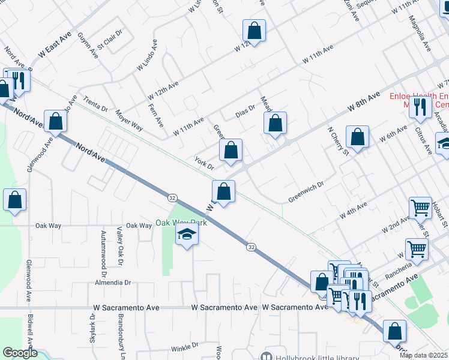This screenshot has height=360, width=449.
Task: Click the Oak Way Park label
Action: click(x=181, y=223)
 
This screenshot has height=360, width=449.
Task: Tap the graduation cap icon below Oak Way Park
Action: click(x=187, y=235)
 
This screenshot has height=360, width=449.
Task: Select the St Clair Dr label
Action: click(x=109, y=37)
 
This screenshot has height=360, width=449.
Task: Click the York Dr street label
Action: click(x=205, y=163)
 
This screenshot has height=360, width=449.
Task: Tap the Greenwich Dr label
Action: click(x=306, y=192)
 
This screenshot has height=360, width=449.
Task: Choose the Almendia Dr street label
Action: click(x=113, y=282)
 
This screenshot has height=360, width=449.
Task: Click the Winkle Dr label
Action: click(x=184, y=347)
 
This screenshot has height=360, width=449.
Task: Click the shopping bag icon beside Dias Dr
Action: click(x=275, y=124)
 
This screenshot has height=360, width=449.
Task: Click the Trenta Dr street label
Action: click(x=95, y=105)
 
